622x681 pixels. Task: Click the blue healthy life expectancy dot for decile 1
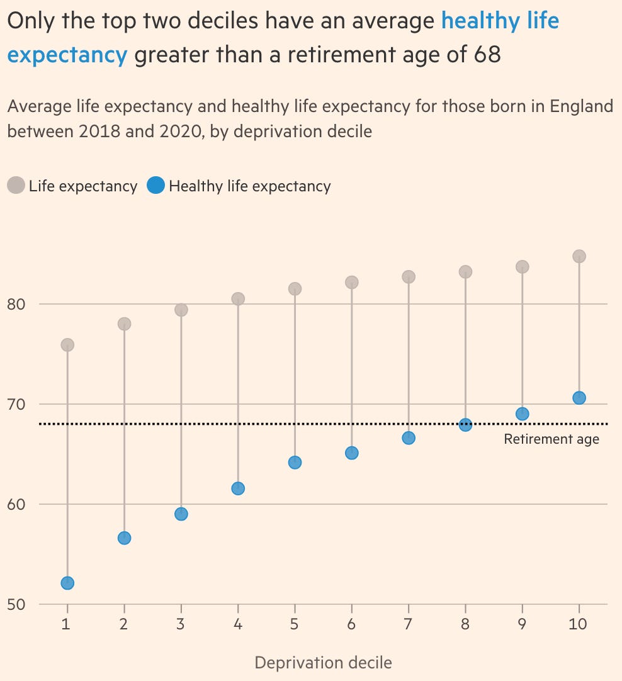pyautogui.click(x=67, y=583)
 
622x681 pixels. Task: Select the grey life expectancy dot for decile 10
pyautogui.click(x=579, y=256)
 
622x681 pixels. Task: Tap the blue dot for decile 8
pyautogui.click(x=465, y=425)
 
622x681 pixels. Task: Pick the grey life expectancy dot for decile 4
pyautogui.click(x=238, y=299)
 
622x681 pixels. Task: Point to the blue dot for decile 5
pyautogui.click(x=295, y=463)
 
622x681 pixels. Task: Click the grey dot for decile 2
pyautogui.click(x=124, y=324)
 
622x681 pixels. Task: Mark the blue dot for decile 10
pyautogui.click(x=579, y=398)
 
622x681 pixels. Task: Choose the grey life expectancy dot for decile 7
pyautogui.click(x=409, y=277)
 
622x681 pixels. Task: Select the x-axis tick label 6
pyautogui.click(x=351, y=624)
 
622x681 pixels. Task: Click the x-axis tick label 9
pyautogui.click(x=522, y=624)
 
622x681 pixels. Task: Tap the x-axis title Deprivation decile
pyautogui.click(x=323, y=662)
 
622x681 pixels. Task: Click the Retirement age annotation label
pyautogui.click(x=551, y=439)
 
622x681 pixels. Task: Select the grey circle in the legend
pyautogui.click(x=16, y=186)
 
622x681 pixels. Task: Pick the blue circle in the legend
pyautogui.click(x=155, y=186)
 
